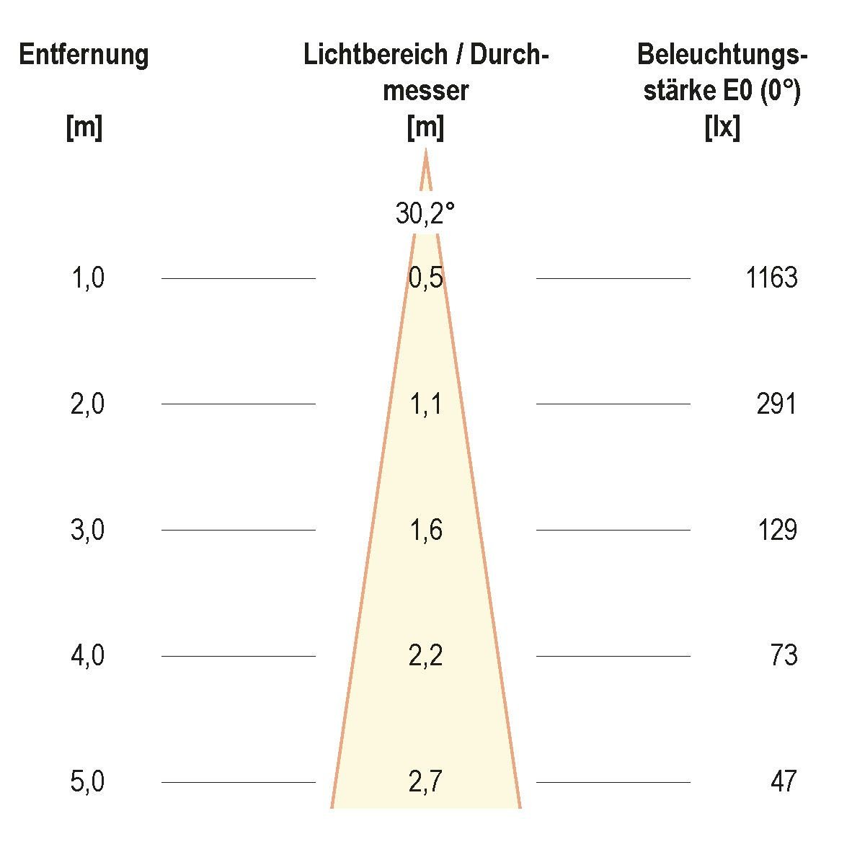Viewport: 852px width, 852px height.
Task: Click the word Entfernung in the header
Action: pos(84,55)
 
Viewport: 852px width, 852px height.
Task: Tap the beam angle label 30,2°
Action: pos(425,213)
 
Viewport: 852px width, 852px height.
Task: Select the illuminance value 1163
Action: pos(772,278)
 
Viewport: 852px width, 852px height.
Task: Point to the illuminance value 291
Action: pos(776,404)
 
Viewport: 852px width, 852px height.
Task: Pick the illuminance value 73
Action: pos(784,656)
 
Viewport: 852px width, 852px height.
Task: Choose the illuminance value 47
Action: pos(784,781)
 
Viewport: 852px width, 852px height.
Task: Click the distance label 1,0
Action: pos(88,278)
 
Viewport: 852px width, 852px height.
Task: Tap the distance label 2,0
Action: pos(88,404)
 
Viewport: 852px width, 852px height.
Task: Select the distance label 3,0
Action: pos(88,530)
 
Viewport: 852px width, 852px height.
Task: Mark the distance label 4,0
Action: pos(88,656)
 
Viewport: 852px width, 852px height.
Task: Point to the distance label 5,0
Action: pos(88,781)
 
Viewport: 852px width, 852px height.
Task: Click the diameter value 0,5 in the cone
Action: pos(425,278)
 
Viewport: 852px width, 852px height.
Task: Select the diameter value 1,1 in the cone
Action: pos(425,404)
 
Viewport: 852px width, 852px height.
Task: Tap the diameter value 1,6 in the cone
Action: pos(425,530)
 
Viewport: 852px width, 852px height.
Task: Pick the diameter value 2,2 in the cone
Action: pos(425,656)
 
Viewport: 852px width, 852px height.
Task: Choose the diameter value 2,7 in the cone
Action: pos(425,781)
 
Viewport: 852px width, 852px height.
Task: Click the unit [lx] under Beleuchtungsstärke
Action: pos(722,128)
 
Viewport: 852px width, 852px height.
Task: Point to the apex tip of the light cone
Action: pos(425,151)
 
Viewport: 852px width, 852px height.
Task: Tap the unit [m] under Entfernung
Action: pos(84,128)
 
